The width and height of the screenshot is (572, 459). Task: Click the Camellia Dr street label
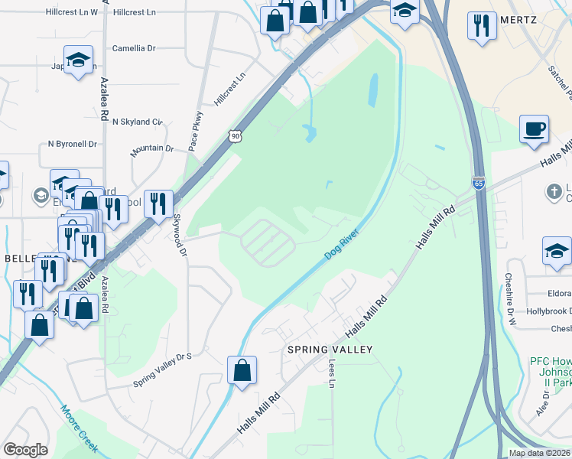[134, 48]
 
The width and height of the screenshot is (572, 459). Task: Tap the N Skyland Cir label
[138, 122]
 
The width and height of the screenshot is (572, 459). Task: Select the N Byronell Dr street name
[73, 144]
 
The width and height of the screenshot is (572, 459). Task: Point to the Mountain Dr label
[151, 148]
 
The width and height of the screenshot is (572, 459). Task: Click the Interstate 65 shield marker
[477, 183]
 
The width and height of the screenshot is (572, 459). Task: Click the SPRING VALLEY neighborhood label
[330, 350]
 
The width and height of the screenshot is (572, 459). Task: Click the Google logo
[25, 450]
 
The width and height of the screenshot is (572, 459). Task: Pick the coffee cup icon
[534, 128]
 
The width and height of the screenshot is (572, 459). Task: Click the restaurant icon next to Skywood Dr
[158, 203]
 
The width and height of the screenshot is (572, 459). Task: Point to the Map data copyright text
[540, 453]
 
